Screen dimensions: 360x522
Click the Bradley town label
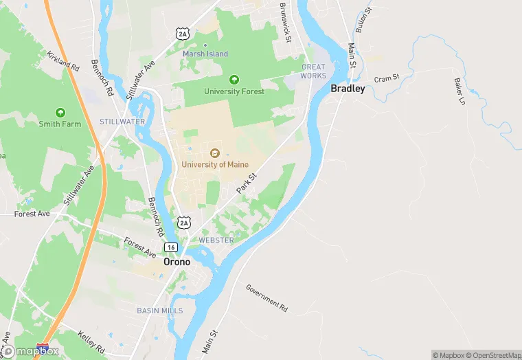pyautogui.click(x=348, y=88)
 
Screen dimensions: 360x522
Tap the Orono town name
pyautogui.click(x=177, y=262)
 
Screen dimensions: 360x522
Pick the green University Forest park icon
pyautogui.click(x=234, y=80)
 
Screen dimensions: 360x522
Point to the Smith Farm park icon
pyautogui.click(x=60, y=112)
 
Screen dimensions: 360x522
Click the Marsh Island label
pyautogui.click(x=205, y=54)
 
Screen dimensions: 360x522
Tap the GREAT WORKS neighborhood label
pyautogui.click(x=313, y=71)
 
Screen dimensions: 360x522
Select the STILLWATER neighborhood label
pyautogui.click(x=122, y=122)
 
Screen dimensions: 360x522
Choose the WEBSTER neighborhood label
pyautogui.click(x=216, y=240)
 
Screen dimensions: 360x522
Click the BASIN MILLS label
pyautogui.click(x=159, y=311)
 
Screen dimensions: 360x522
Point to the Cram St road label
pyautogui.click(x=387, y=79)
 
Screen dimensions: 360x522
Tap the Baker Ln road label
pyautogui.click(x=459, y=91)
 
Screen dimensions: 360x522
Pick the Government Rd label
pyautogui.click(x=267, y=295)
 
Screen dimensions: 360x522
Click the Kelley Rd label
pyautogui.click(x=91, y=340)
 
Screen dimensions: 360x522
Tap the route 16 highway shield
pyautogui.click(x=170, y=247)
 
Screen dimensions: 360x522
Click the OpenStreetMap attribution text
pyautogui.click(x=490, y=355)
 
